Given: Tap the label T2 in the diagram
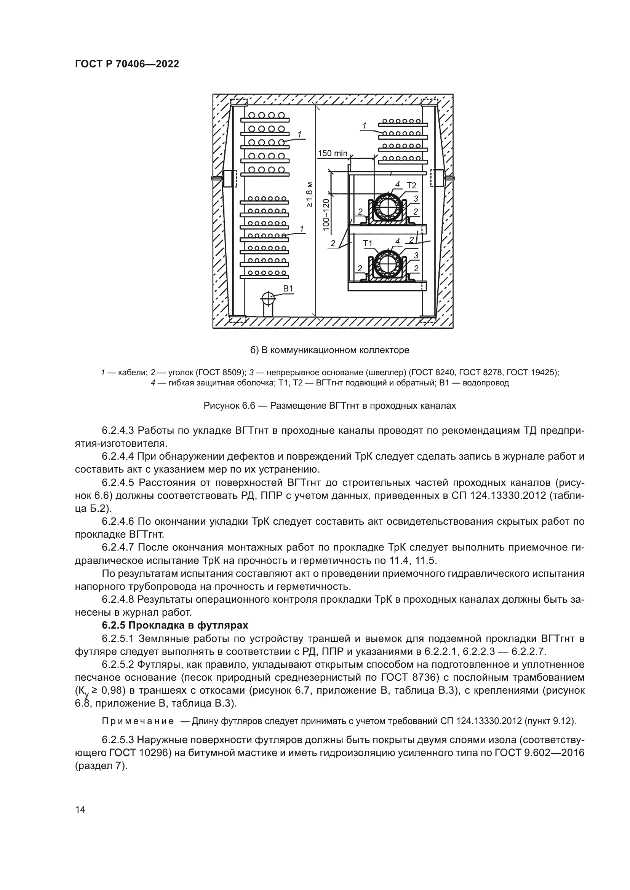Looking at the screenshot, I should click(x=411, y=186).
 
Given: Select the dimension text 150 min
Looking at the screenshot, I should click(x=333, y=153).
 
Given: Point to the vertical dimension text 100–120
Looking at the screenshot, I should click(x=326, y=215).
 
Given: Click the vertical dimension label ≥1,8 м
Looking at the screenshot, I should click(x=310, y=194).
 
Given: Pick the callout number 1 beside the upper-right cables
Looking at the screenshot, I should click(x=364, y=126).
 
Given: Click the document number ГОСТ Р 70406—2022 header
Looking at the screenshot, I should click(x=127, y=64).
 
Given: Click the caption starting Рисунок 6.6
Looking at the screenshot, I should click(x=329, y=406).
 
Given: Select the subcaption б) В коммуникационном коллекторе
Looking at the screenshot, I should click(x=329, y=350).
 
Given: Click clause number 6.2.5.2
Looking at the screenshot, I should click(x=118, y=664).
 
